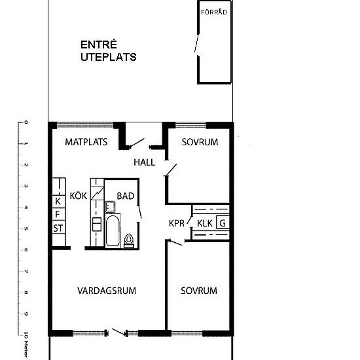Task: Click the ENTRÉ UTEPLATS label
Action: [x=108, y=50]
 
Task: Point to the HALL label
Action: [x=144, y=162]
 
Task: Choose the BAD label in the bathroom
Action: [x=126, y=196]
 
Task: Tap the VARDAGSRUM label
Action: [x=107, y=291]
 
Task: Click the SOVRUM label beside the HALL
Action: [x=200, y=142]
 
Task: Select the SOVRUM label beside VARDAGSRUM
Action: [x=199, y=291]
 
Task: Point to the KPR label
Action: [x=177, y=223]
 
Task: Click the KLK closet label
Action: [x=205, y=223]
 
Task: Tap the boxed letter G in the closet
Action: [x=223, y=223]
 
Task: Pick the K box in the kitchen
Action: [x=58, y=201]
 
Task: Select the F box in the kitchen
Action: [x=58, y=214]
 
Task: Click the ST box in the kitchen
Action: [x=58, y=228]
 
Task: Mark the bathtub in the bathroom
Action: [x=112, y=232]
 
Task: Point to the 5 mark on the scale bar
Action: [x=26, y=229]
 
